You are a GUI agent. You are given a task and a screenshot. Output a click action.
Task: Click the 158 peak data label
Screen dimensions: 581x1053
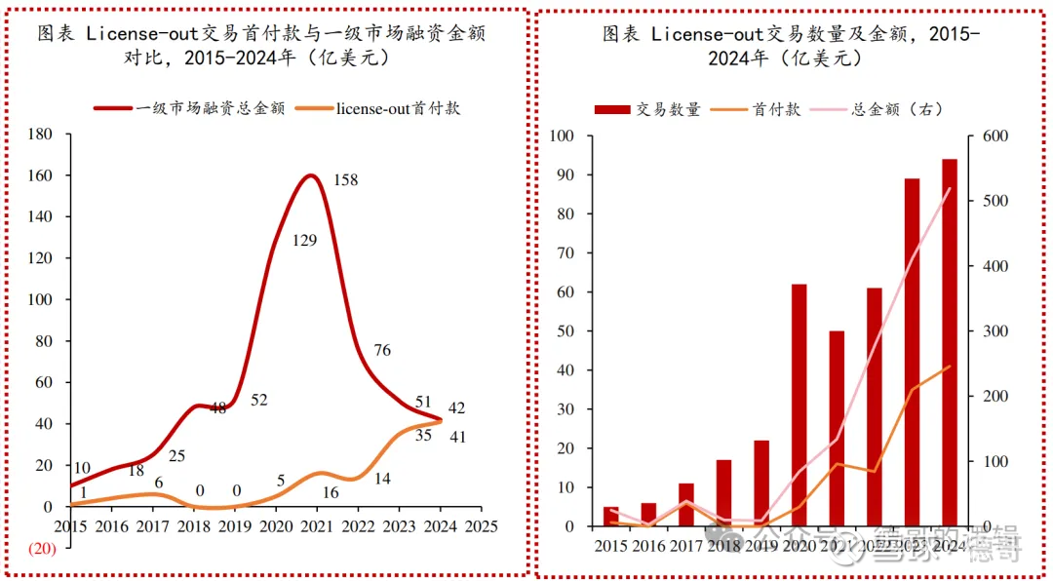click(346, 180)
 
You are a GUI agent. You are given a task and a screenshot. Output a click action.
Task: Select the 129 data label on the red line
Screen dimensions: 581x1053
click(304, 240)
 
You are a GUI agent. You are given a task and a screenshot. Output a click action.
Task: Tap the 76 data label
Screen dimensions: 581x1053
click(382, 351)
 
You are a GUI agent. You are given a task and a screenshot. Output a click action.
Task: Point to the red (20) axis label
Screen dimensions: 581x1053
click(42, 548)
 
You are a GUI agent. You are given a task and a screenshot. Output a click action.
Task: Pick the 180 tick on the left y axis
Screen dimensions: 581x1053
click(40, 135)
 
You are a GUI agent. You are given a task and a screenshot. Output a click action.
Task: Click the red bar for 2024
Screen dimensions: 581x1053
click(949, 342)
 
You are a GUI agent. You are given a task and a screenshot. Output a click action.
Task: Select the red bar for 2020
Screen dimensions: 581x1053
click(799, 405)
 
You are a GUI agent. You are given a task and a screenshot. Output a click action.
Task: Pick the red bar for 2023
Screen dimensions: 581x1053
click(912, 352)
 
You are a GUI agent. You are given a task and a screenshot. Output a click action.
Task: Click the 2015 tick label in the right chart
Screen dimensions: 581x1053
click(610, 546)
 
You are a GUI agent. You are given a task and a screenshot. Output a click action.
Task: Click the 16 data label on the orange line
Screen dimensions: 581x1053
click(331, 492)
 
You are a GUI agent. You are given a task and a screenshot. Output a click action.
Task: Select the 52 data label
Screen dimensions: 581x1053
click(258, 400)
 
